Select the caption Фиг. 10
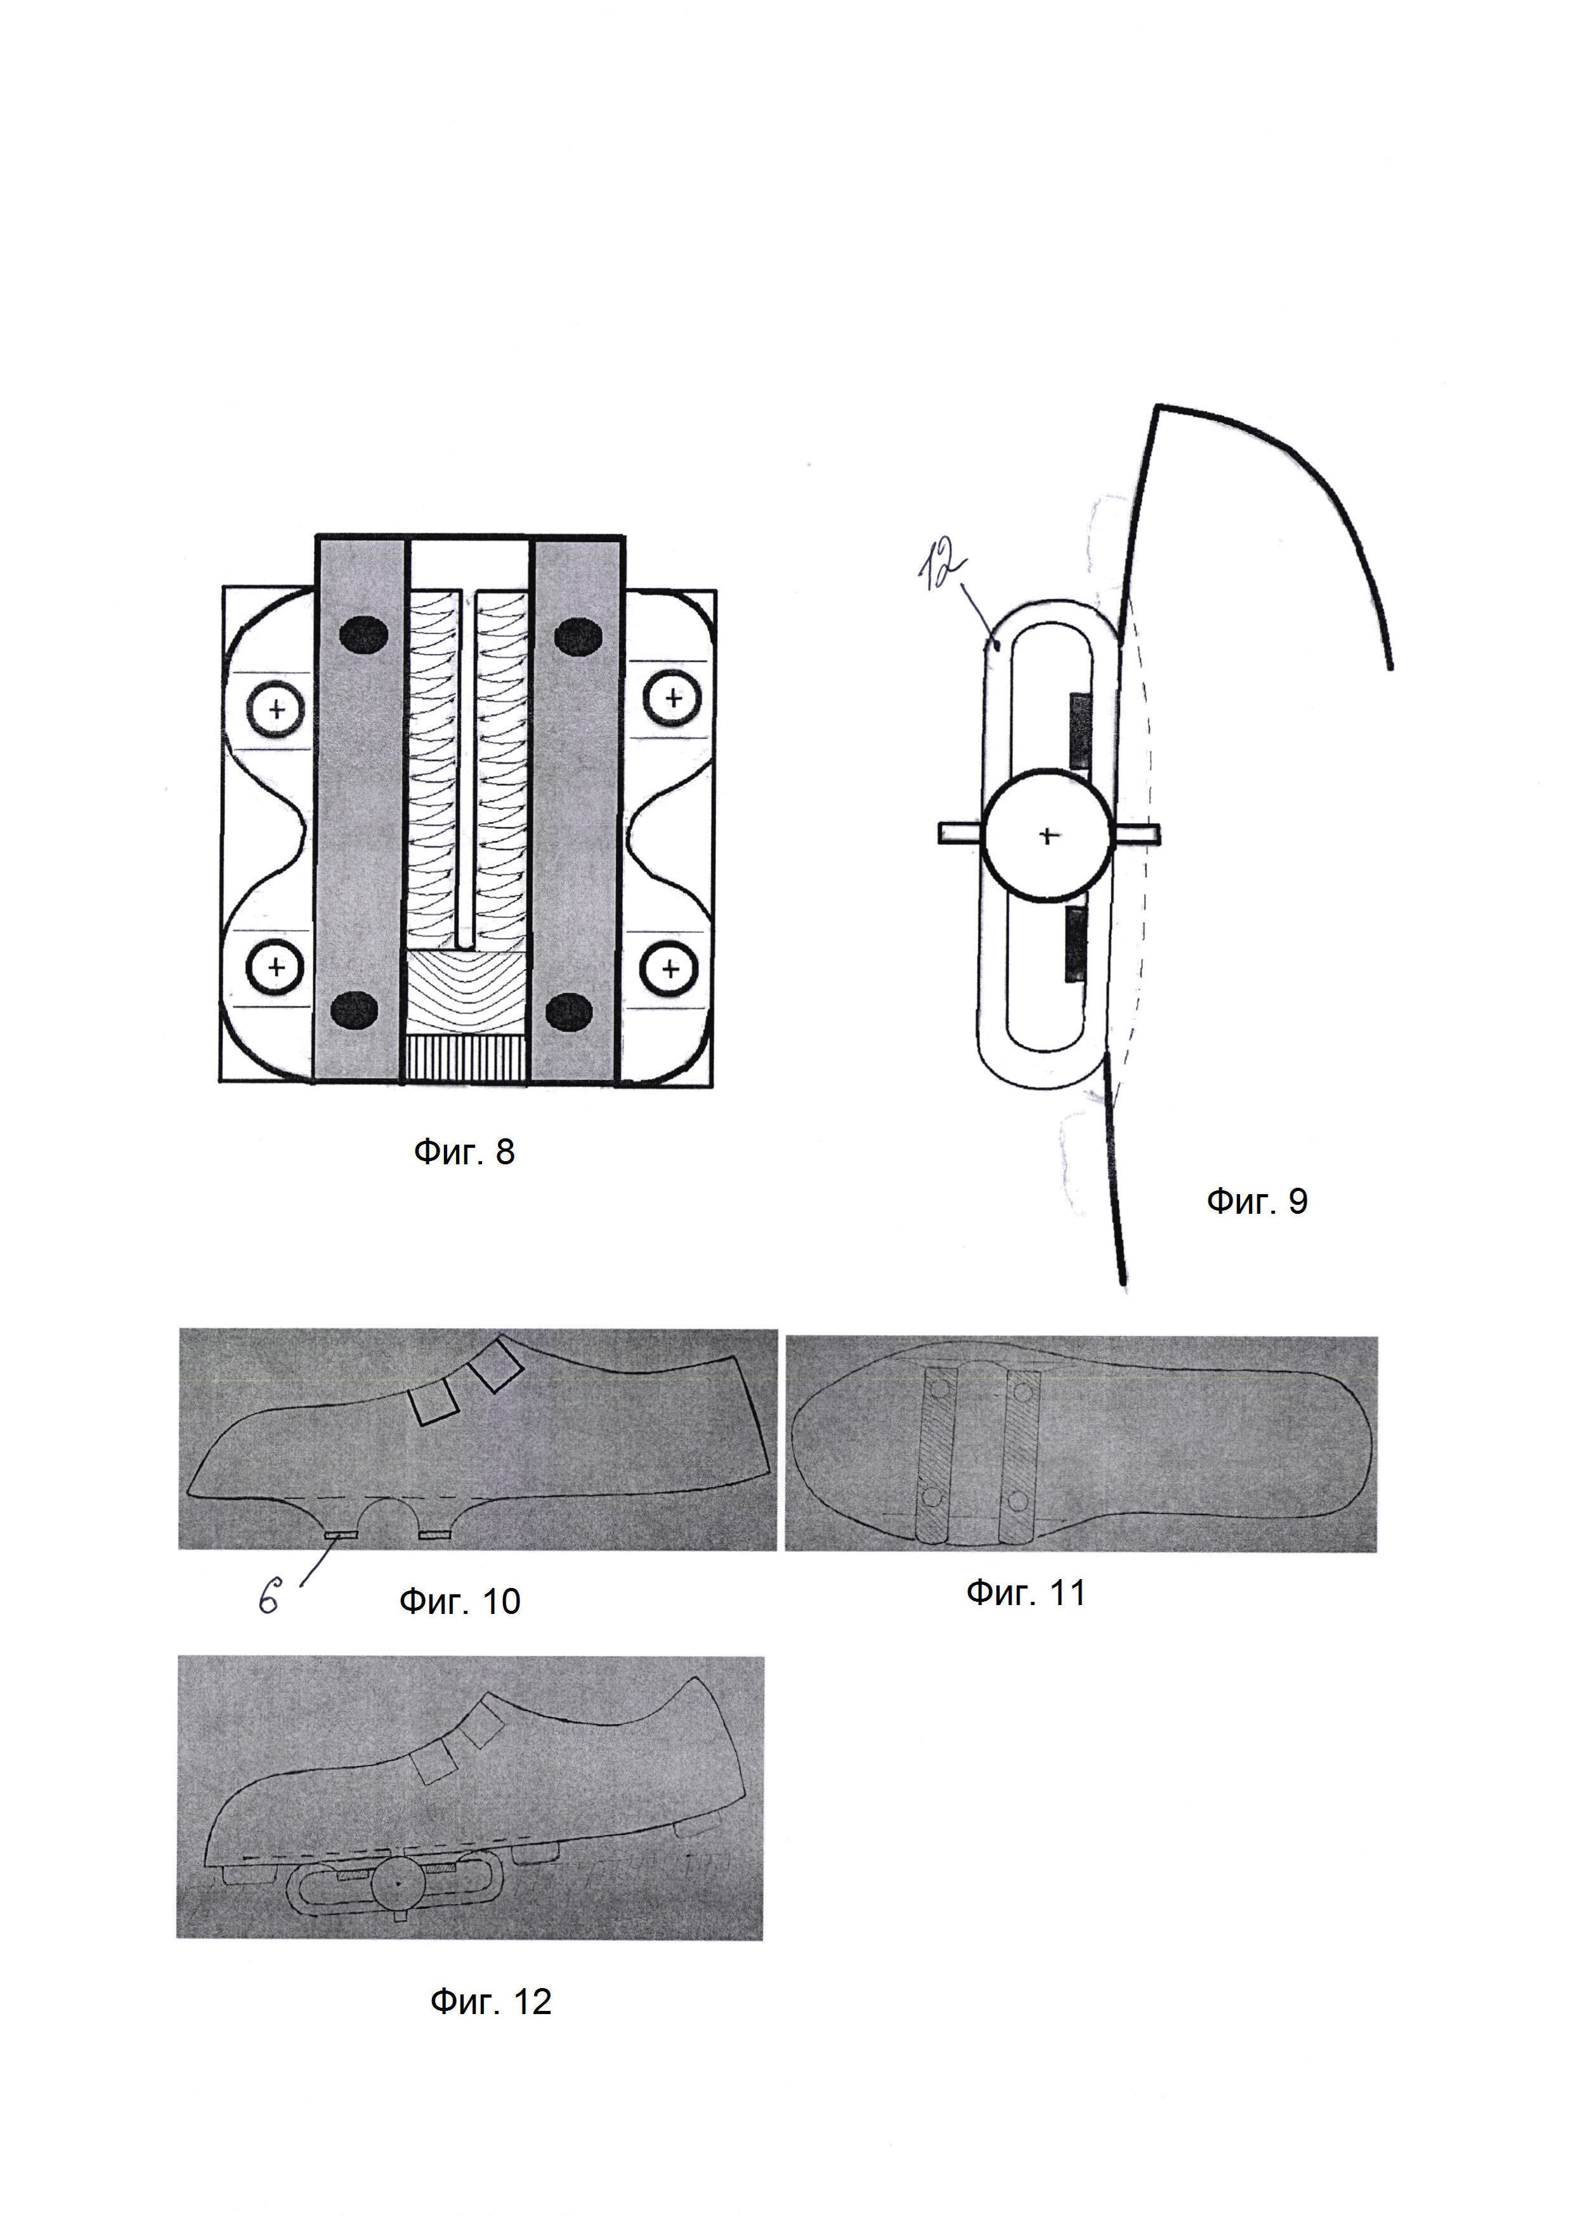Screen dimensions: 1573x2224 pos(459,1601)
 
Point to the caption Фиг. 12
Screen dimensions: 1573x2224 pos(490,2001)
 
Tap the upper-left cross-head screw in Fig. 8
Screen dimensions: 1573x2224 pos(277,709)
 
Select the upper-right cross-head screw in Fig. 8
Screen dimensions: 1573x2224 pos(673,698)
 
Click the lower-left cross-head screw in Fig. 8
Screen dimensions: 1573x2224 pos(276,966)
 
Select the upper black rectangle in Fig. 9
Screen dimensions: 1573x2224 pos(1077,731)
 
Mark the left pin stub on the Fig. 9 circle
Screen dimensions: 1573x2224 pos(960,832)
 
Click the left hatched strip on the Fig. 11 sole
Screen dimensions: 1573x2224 pos(937,1455)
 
